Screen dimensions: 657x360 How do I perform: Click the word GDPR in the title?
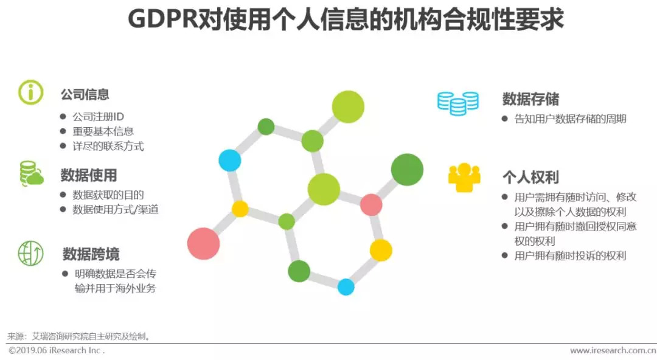point(162,19)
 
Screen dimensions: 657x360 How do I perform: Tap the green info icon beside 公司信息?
point(30,92)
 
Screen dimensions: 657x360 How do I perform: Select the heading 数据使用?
point(88,176)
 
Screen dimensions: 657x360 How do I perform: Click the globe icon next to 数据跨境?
point(30,252)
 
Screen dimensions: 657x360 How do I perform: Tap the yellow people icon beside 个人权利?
point(464,178)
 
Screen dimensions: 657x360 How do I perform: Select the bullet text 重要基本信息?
point(103,131)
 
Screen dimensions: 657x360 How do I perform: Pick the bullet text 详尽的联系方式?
point(108,147)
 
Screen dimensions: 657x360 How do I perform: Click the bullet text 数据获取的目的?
point(108,195)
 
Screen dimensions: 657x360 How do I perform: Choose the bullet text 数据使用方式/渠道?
point(115,210)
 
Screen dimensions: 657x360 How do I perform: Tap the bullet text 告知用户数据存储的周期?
point(570,119)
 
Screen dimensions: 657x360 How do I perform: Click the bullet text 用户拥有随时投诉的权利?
point(570,256)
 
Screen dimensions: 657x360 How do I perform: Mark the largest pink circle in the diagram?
point(203,243)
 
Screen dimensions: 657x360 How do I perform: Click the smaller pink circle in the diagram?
point(371,205)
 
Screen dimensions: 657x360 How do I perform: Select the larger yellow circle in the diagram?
point(381,250)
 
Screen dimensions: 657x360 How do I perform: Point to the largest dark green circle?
point(407,170)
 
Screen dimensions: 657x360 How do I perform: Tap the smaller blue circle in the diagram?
point(346,287)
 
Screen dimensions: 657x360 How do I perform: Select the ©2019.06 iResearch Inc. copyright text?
point(56,351)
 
